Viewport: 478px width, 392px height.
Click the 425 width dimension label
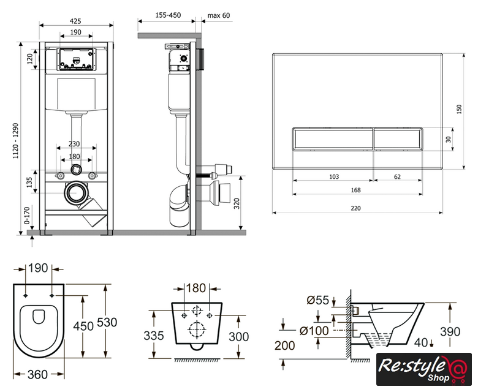coord(76,20)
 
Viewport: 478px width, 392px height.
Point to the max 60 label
coord(219,15)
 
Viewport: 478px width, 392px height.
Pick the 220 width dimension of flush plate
coord(356,208)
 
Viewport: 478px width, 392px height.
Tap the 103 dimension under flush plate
coord(334,176)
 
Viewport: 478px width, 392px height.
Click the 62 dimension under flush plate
coord(397,176)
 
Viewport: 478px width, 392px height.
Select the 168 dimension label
coord(356,190)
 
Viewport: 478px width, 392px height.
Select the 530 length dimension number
coord(123,322)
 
